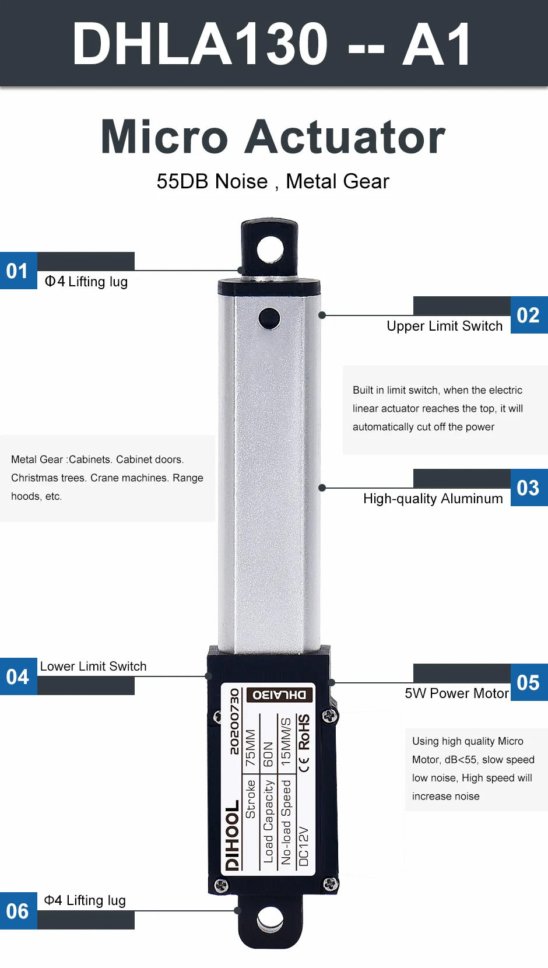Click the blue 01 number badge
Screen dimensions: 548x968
point(19,271)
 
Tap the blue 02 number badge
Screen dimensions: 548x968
point(529,315)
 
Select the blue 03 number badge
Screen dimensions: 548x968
point(529,487)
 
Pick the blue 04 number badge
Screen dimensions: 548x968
point(19,676)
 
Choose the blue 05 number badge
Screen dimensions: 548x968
point(529,682)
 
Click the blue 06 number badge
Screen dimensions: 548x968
point(19,910)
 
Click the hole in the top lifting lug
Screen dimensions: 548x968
point(270,250)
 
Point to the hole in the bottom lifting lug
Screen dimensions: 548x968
point(270,919)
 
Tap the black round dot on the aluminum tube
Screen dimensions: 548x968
point(269,318)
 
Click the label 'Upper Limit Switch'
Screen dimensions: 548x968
point(445,326)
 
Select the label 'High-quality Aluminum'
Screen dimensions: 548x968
point(433,499)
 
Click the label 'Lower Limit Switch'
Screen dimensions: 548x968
point(93,666)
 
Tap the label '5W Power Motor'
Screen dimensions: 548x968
point(457,693)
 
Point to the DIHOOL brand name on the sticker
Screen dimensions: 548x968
point(233,835)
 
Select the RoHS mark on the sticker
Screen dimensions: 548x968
point(304,732)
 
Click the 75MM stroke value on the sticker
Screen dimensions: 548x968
point(251,748)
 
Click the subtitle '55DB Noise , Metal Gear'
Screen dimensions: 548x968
point(273,181)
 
